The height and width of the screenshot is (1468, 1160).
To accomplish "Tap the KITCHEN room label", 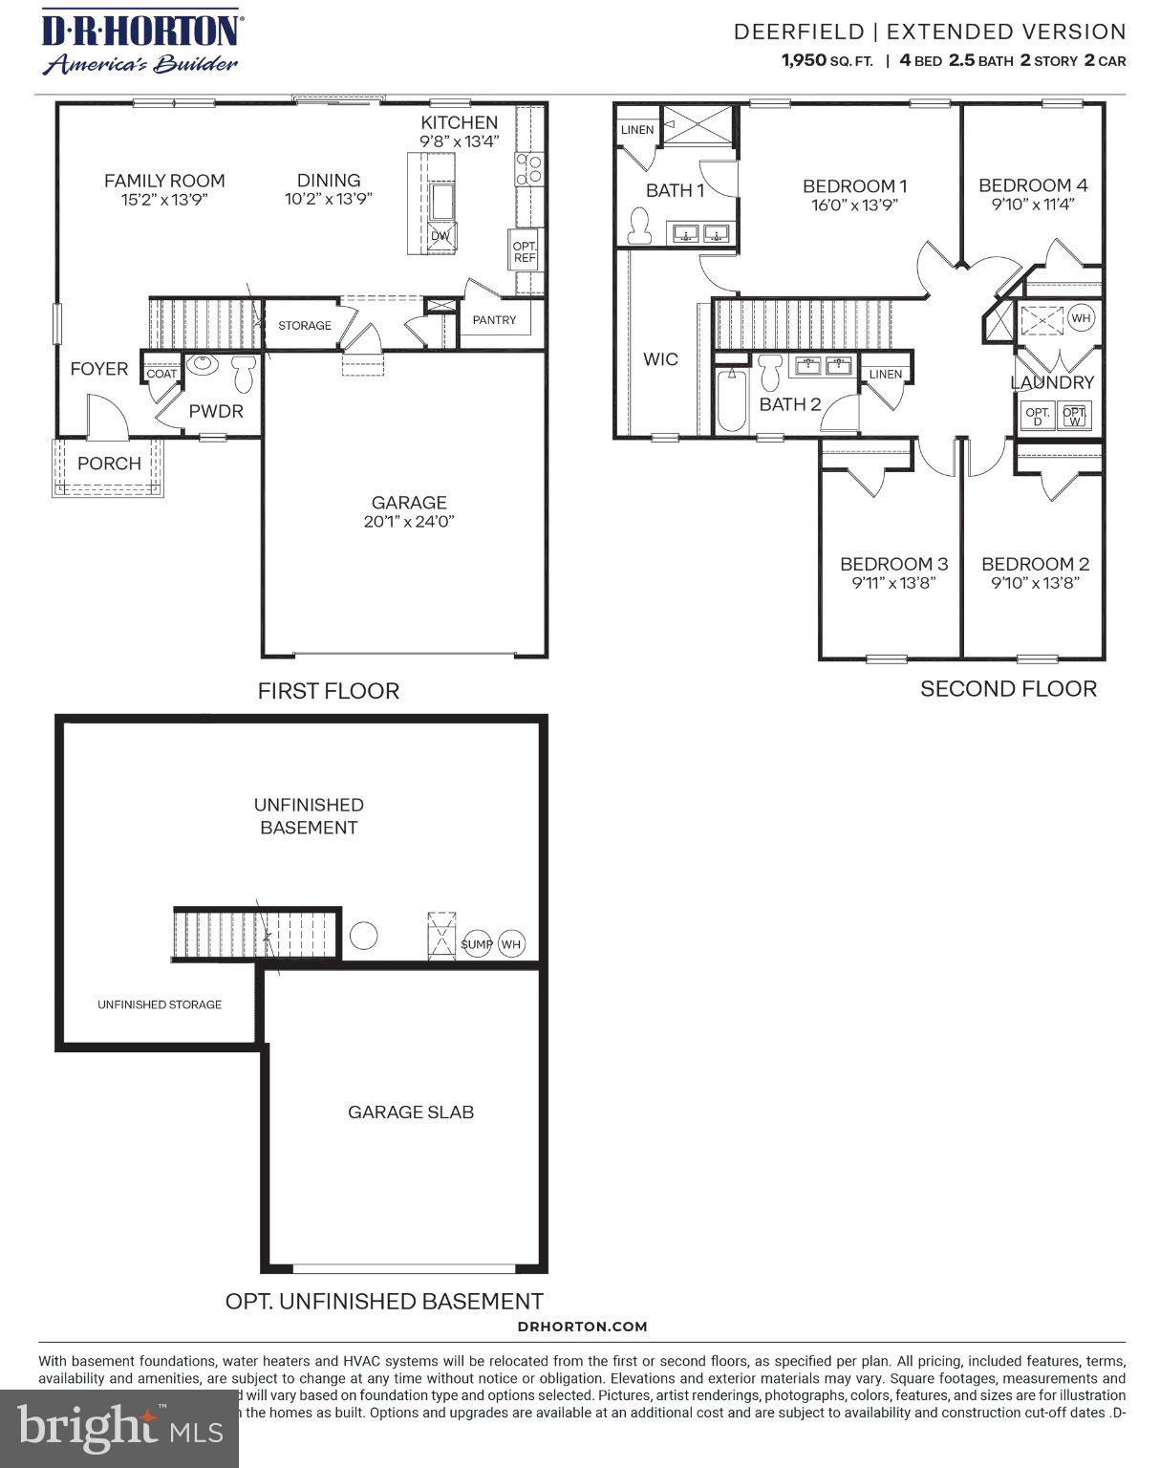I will (459, 122).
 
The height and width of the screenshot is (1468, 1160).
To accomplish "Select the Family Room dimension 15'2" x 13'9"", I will (164, 200).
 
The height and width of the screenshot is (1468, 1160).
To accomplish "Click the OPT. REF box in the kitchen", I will (525, 252).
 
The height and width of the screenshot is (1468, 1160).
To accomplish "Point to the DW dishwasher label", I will (440, 236).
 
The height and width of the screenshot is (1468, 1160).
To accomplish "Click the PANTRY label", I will (494, 320).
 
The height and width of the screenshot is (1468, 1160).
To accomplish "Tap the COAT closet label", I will (161, 374).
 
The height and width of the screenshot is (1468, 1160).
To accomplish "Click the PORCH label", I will (109, 464).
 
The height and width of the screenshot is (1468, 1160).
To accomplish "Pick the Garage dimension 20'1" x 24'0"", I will (409, 522).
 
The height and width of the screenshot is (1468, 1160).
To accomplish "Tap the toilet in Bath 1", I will (638, 226).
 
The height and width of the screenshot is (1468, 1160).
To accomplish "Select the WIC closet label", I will (660, 359).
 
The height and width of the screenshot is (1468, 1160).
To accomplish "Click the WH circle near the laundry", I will (1080, 318).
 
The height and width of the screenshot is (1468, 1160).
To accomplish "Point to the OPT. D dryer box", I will (1038, 417).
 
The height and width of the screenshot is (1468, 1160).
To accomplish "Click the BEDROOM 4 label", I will (1032, 185).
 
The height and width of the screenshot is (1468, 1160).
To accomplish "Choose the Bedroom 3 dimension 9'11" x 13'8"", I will (893, 583).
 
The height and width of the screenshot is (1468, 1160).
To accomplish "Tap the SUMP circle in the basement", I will (477, 944).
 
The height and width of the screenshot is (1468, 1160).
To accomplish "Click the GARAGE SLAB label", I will (411, 1112).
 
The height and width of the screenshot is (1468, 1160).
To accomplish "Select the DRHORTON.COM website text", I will (582, 1326).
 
